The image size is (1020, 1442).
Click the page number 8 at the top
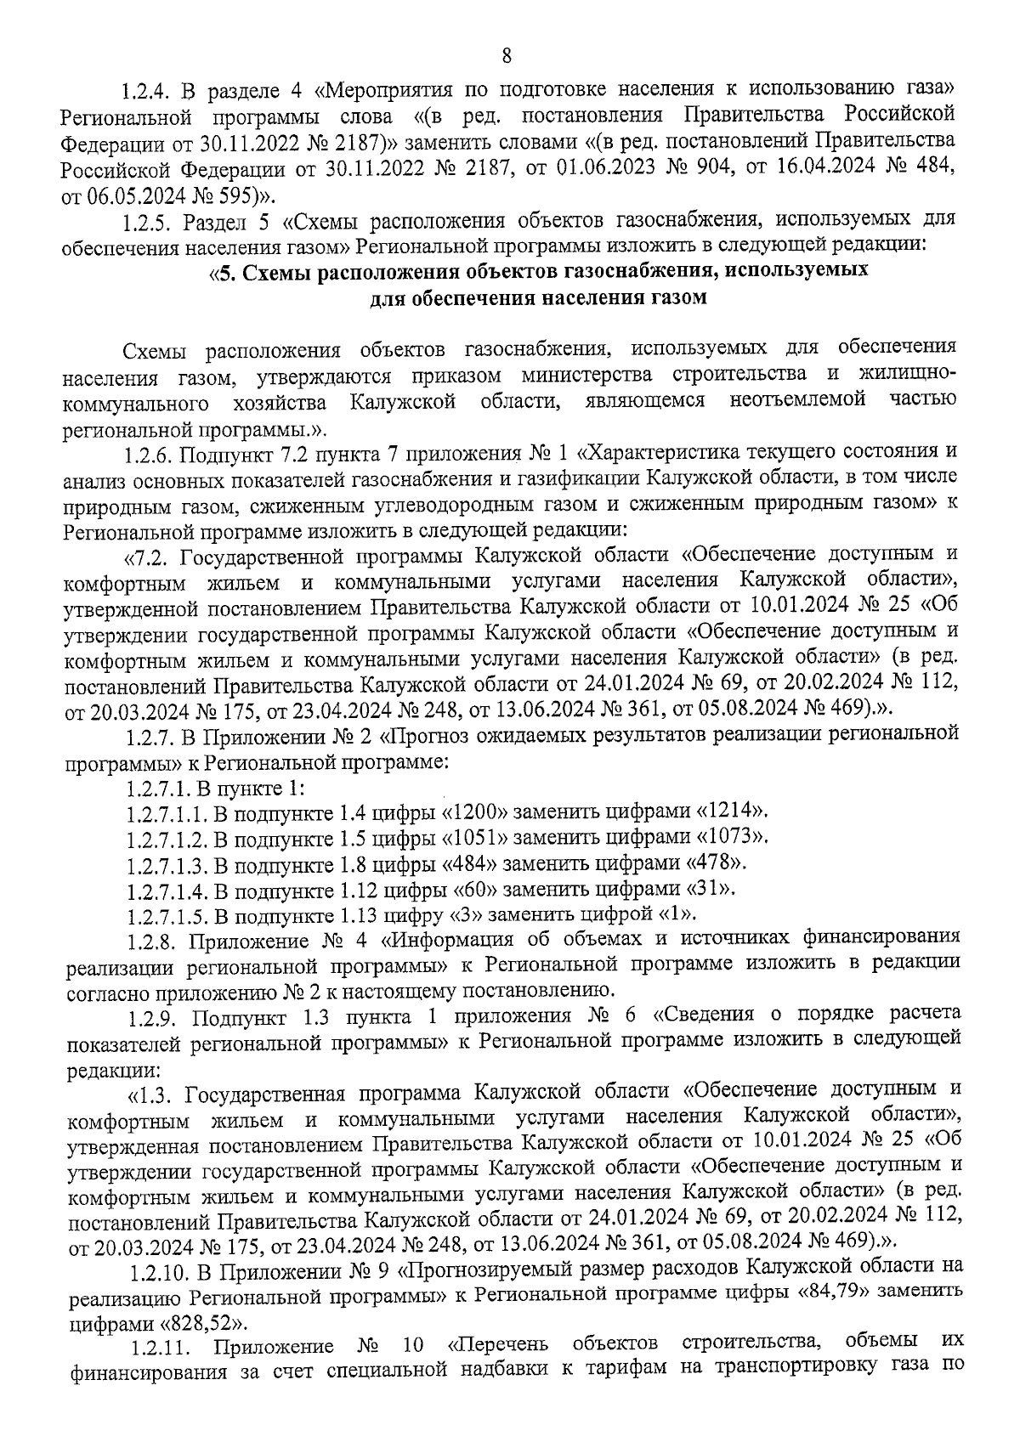click(x=507, y=56)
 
